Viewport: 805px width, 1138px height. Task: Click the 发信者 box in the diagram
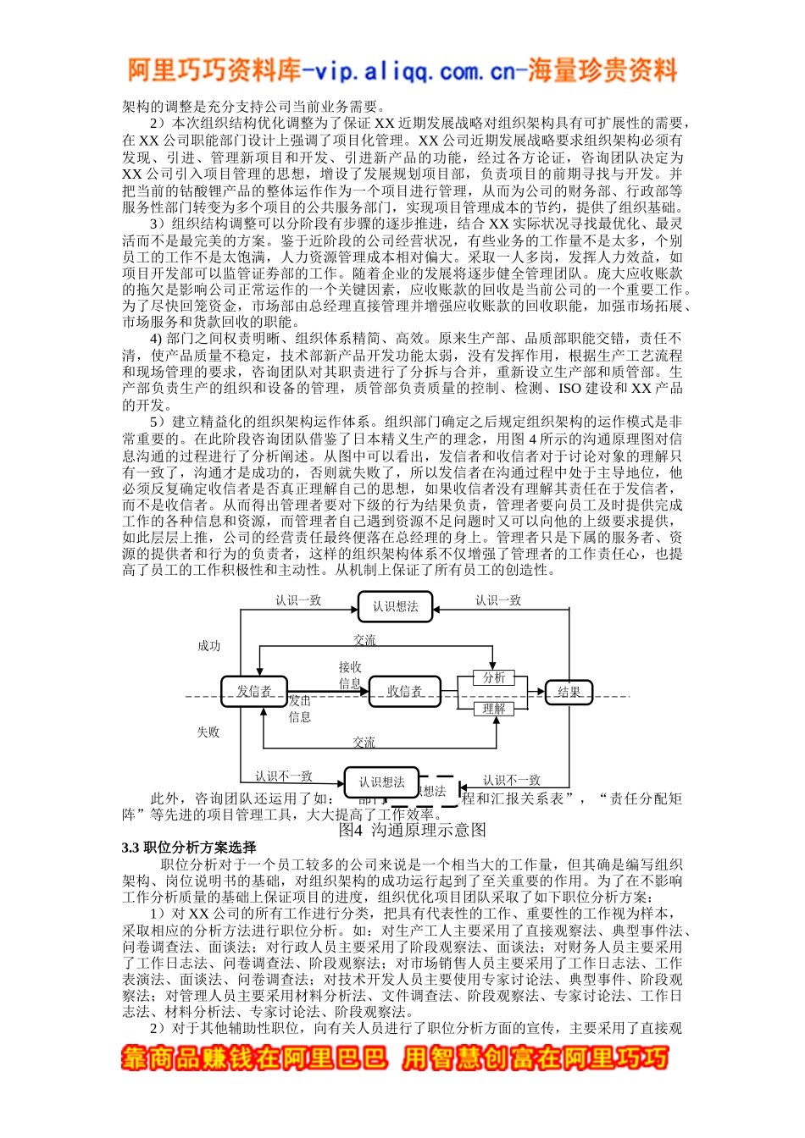[x=253, y=692]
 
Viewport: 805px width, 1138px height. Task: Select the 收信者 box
[x=404, y=692]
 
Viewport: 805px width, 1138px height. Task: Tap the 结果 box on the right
[x=569, y=693]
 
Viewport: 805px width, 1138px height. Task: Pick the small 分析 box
[x=494, y=677]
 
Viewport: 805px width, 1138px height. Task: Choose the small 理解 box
[x=494, y=709]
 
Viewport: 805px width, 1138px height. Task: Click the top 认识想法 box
[x=396, y=606]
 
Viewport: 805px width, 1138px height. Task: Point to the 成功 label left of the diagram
[x=208, y=646]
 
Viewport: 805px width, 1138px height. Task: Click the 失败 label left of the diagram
[x=208, y=732]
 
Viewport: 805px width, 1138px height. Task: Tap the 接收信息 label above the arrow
[x=350, y=675]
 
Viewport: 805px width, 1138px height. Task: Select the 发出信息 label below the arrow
[x=300, y=709]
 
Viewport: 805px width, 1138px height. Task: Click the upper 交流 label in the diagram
[x=364, y=640]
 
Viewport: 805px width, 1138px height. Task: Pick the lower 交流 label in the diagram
[x=364, y=743]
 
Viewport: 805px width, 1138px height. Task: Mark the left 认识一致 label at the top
[x=298, y=600]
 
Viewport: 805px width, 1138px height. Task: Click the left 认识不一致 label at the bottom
[x=284, y=776]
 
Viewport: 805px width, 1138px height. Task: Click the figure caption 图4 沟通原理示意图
[x=412, y=830]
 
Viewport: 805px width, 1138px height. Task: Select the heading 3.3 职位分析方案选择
[x=189, y=848]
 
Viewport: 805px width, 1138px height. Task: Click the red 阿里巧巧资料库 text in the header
[x=214, y=70]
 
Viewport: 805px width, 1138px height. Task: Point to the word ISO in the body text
[x=569, y=389]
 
